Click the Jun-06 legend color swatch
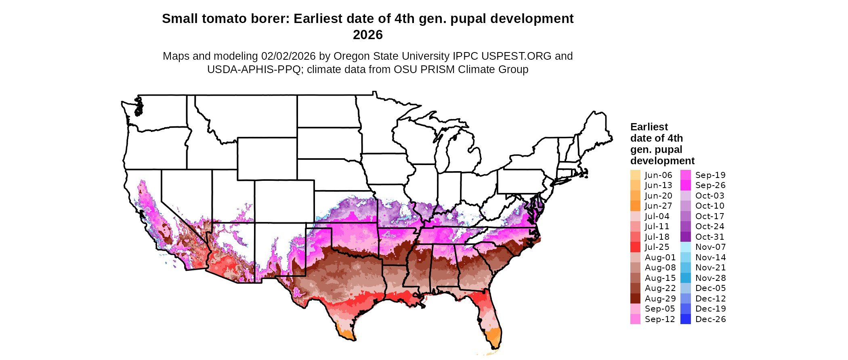[x=635, y=175]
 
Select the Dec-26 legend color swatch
[x=686, y=319]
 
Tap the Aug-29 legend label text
[x=660, y=299]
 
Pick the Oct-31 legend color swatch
[x=686, y=237]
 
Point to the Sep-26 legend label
[x=710, y=185]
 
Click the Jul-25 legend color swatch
[x=635, y=247]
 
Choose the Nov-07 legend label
[x=710, y=247]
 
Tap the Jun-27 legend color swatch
[x=635, y=206]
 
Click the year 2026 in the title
[x=367, y=35]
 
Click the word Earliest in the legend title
[x=649, y=127]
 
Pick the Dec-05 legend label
[x=710, y=288]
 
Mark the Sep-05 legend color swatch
[x=635, y=309]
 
